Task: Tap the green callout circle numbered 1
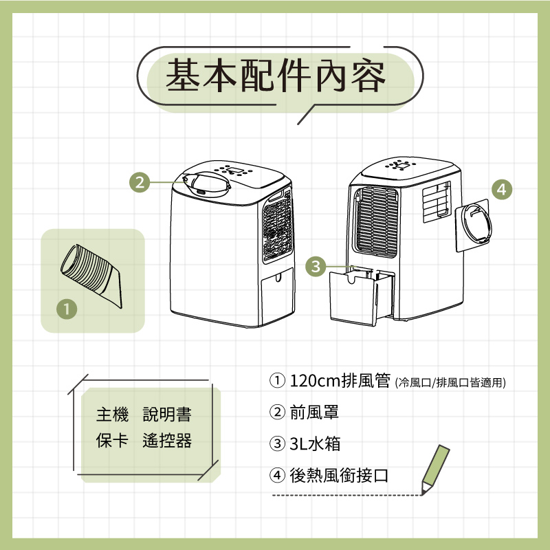click(66, 308)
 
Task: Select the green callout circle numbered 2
click(140, 182)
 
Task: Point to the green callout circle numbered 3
click(316, 267)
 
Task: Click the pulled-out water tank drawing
click(353, 297)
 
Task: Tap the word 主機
click(112, 416)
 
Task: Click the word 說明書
click(167, 416)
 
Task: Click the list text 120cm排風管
click(340, 382)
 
